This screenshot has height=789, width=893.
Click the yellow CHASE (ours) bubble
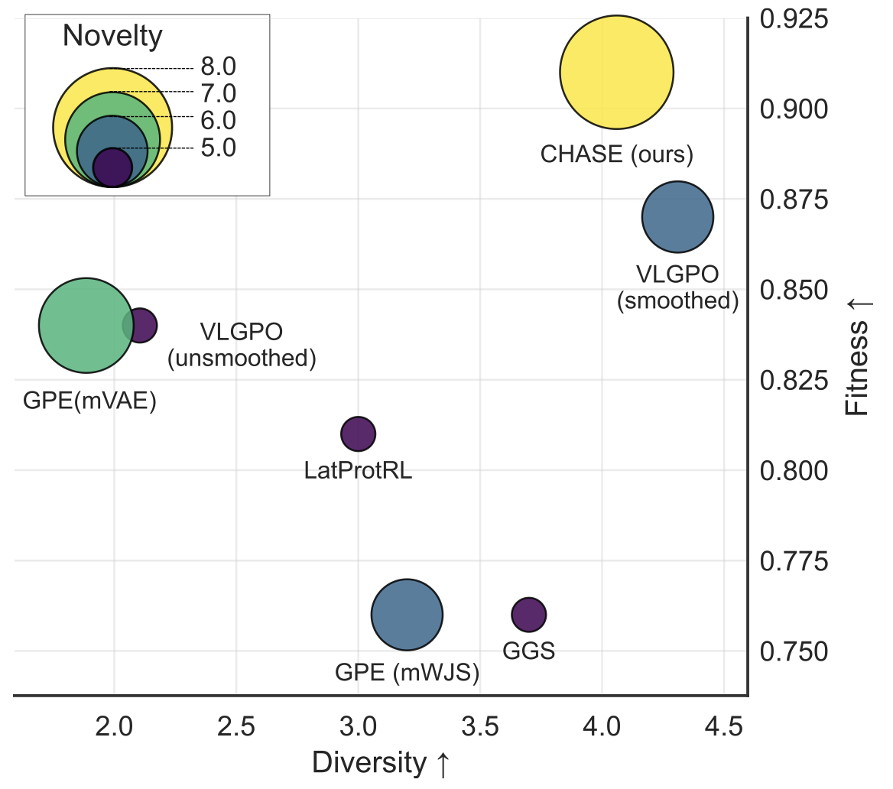pyautogui.click(x=616, y=73)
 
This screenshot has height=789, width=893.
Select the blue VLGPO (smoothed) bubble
pyautogui.click(x=677, y=216)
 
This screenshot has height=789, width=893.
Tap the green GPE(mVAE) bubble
pyautogui.click(x=86, y=326)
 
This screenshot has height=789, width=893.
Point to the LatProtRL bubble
pyautogui.click(x=357, y=434)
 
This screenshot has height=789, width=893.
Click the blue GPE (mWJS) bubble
pyautogui.click(x=407, y=614)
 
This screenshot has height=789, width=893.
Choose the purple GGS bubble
pyautogui.click(x=528, y=613)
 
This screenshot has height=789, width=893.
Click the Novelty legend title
pyautogui.click(x=112, y=35)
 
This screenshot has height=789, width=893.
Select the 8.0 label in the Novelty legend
pyautogui.click(x=219, y=67)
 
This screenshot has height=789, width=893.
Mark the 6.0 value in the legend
pyautogui.click(x=219, y=120)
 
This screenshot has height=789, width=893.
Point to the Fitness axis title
pyautogui.click(x=859, y=356)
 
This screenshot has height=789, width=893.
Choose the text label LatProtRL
pyautogui.click(x=358, y=470)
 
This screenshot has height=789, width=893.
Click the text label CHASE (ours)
pyautogui.click(x=616, y=154)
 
